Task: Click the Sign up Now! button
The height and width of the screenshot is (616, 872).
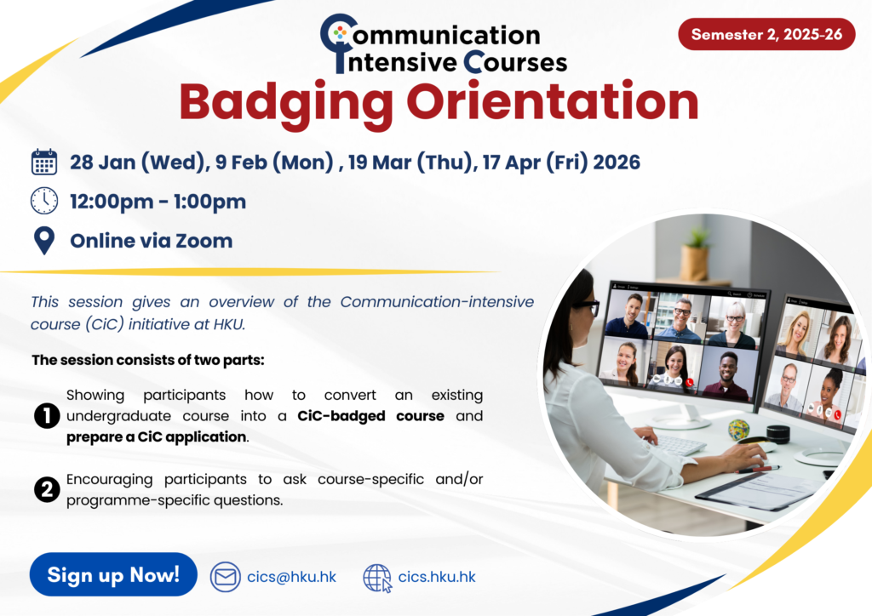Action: (113, 574)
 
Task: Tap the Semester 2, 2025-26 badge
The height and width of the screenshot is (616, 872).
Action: (766, 34)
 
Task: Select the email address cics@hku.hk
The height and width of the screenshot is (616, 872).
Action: (291, 577)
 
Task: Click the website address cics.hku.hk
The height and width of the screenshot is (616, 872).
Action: (437, 577)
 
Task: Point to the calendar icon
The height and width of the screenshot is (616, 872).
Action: (44, 163)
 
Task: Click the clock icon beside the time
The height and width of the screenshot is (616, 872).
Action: (44, 201)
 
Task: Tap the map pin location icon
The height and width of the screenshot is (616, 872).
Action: (44, 241)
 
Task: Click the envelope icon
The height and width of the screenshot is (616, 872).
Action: (225, 577)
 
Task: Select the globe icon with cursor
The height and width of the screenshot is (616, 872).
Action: (377, 578)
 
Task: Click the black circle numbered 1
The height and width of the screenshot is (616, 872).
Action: (47, 415)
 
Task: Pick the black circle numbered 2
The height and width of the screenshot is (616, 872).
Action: (47, 489)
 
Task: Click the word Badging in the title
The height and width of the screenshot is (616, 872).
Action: (286, 104)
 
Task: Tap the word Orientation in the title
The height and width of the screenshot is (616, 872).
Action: (552, 101)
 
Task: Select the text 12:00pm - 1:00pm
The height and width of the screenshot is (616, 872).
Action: (158, 202)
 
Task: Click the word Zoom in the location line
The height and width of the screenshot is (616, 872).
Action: (204, 241)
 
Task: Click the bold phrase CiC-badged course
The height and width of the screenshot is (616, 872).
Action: (370, 416)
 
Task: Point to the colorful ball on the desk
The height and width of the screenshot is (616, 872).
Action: (738, 430)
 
